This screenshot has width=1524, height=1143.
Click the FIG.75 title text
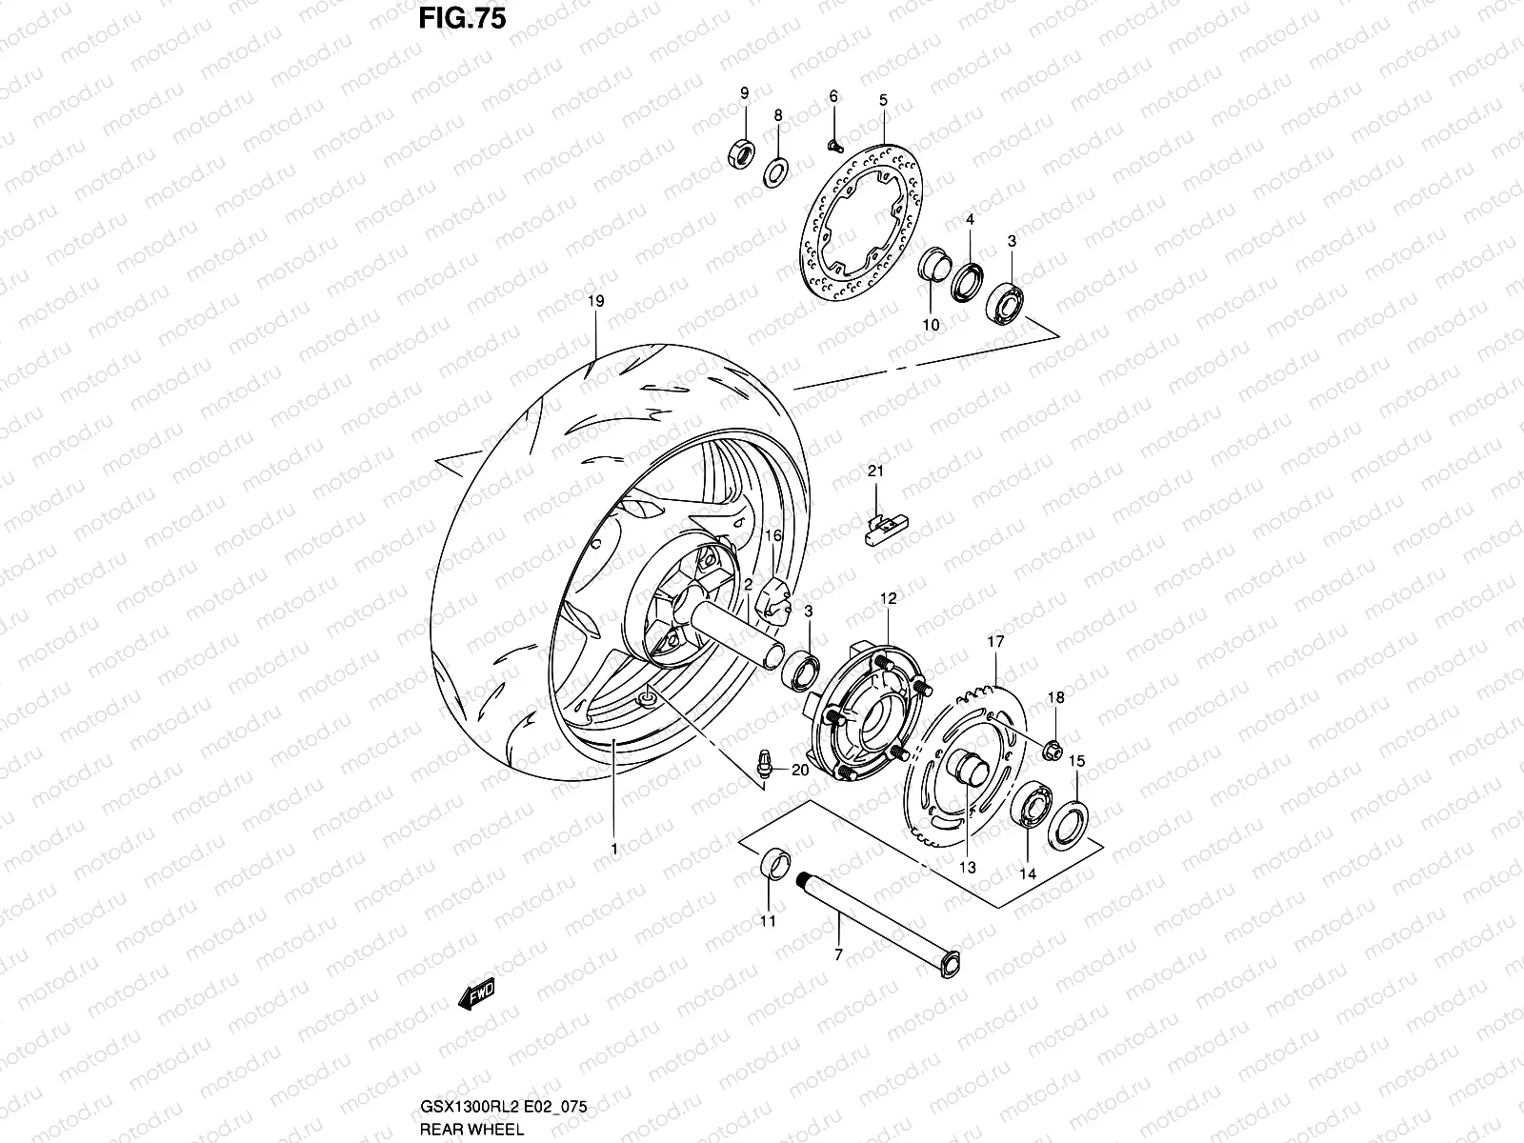462,20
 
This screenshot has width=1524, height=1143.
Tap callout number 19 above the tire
595,302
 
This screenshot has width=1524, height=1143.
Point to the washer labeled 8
777,171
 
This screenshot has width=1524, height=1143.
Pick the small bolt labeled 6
835,145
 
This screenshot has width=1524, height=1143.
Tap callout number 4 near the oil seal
970,220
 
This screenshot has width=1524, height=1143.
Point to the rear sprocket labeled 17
962,762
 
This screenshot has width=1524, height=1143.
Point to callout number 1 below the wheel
614,847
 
